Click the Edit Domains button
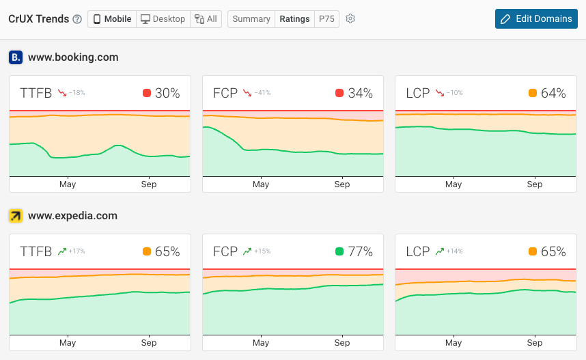click(536, 18)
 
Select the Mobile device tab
click(112, 19)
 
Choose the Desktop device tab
click(162, 19)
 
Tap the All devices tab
click(205, 19)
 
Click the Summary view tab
click(251, 19)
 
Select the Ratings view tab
click(294, 19)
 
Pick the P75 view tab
click(326, 19)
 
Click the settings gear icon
click(350, 19)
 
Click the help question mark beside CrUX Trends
click(77, 19)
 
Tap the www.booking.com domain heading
click(73, 57)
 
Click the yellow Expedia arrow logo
click(16, 216)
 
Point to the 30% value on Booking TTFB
click(167, 93)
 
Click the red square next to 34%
click(339, 93)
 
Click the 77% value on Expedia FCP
click(361, 251)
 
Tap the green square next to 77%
click(339, 251)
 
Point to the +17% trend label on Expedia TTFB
click(76, 251)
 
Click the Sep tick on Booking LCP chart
click(535, 184)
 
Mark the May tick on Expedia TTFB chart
click(68, 343)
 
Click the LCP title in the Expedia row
click(418, 251)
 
